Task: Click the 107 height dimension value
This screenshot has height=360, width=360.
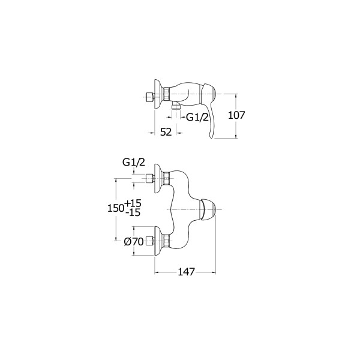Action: click(236, 115)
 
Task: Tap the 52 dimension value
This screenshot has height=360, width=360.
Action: click(166, 132)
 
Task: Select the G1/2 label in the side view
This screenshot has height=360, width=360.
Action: click(197, 118)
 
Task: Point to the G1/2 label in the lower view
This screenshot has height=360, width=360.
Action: click(134, 163)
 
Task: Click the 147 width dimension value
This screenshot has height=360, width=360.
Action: click(186, 272)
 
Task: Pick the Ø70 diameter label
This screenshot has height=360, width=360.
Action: click(134, 242)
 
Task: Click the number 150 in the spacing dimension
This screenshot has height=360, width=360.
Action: click(116, 208)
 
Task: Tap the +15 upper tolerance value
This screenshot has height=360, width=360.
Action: click(133, 203)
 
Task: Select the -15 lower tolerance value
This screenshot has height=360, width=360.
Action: click(133, 212)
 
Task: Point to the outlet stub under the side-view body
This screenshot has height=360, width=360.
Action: click(176, 106)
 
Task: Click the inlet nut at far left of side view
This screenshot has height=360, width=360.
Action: click(149, 98)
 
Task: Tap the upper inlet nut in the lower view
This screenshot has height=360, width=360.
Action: click(149, 179)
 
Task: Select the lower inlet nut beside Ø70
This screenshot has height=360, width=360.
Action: click(149, 241)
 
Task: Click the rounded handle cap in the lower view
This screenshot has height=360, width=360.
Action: click(208, 209)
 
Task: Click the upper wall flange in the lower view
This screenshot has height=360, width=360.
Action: click(158, 179)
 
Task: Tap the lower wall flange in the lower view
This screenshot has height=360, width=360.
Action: click(158, 241)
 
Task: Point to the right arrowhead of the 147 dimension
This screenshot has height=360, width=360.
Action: click(214, 272)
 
